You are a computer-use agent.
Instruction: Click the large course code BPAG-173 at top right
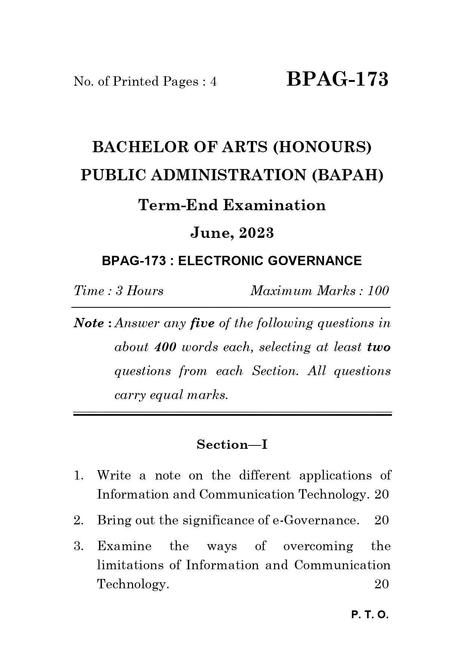point(337,80)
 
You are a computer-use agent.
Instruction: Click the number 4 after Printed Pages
point(213,82)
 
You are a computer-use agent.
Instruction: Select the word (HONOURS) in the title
point(322,147)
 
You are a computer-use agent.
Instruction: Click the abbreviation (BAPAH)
point(348,175)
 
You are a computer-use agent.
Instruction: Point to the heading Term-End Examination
point(232,205)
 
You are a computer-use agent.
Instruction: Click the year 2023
point(256,233)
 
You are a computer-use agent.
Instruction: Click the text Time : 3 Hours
point(119,291)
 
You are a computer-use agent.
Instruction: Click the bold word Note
point(89,323)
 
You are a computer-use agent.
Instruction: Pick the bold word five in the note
point(202,323)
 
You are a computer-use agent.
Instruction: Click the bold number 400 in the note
point(165,347)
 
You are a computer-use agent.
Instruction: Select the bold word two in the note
point(378,347)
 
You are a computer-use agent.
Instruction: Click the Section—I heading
point(232,444)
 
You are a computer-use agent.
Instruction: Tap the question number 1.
point(78,475)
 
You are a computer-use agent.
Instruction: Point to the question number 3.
point(78,546)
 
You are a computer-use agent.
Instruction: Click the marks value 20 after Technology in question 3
point(381,584)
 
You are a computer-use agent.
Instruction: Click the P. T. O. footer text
point(370,615)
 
